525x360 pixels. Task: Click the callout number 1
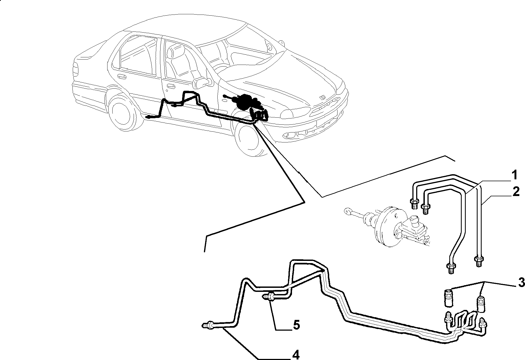tap(514, 176)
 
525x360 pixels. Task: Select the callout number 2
tap(516, 192)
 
